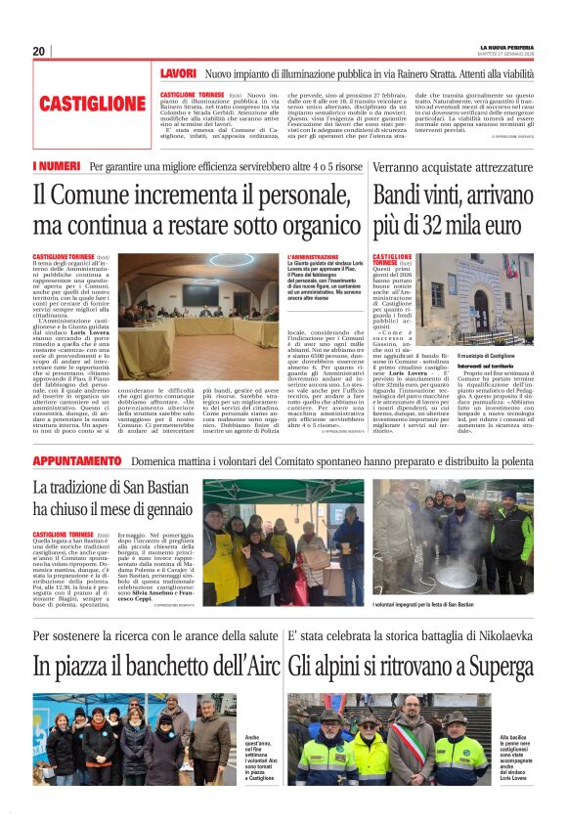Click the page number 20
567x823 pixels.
pyautogui.click(x=39, y=51)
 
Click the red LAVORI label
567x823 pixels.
pyautogui.click(x=179, y=73)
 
